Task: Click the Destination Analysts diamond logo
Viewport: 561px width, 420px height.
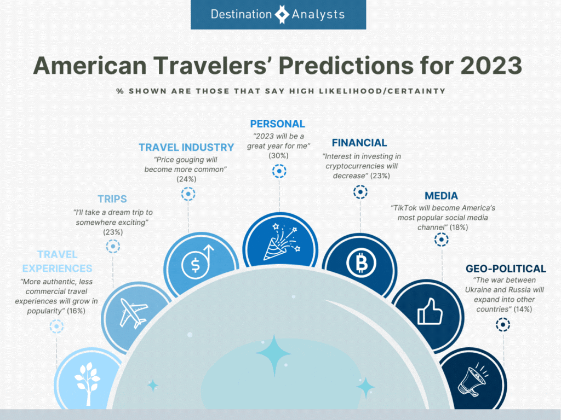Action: point(282,14)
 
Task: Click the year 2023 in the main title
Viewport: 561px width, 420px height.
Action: point(491,66)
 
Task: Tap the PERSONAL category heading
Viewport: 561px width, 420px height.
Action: point(277,124)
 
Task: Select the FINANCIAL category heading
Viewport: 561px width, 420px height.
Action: point(359,143)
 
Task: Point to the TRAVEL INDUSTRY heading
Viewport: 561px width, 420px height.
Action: point(186,148)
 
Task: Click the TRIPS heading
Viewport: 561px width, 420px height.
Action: point(112,199)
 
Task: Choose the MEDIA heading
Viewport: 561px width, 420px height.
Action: point(441,196)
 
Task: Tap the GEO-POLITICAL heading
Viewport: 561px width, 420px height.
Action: point(506,269)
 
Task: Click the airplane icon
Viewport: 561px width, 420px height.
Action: point(133,313)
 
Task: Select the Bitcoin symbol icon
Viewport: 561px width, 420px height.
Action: point(361,263)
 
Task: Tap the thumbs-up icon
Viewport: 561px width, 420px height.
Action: point(430,311)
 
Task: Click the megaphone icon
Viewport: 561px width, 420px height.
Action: point(472,381)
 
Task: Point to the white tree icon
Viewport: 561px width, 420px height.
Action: point(87,383)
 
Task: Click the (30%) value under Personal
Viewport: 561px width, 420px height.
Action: point(278,156)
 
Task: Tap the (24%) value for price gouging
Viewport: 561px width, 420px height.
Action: point(186,179)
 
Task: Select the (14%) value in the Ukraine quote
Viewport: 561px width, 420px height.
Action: point(523,310)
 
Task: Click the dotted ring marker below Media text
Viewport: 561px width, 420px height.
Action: point(441,240)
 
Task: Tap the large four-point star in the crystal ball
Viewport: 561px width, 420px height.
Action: point(274,354)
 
